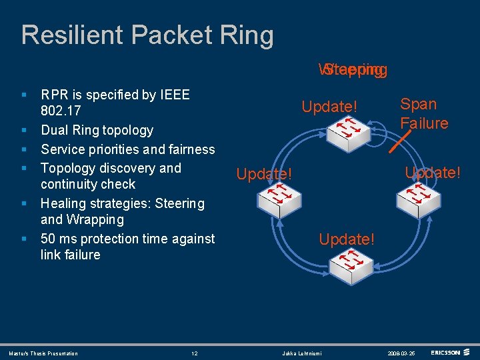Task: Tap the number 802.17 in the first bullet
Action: pos(63,111)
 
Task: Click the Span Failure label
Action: pos(423,113)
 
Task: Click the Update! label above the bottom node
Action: pos(347,239)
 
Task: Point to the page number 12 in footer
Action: pos(194,353)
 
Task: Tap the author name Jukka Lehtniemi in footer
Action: pos(301,353)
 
